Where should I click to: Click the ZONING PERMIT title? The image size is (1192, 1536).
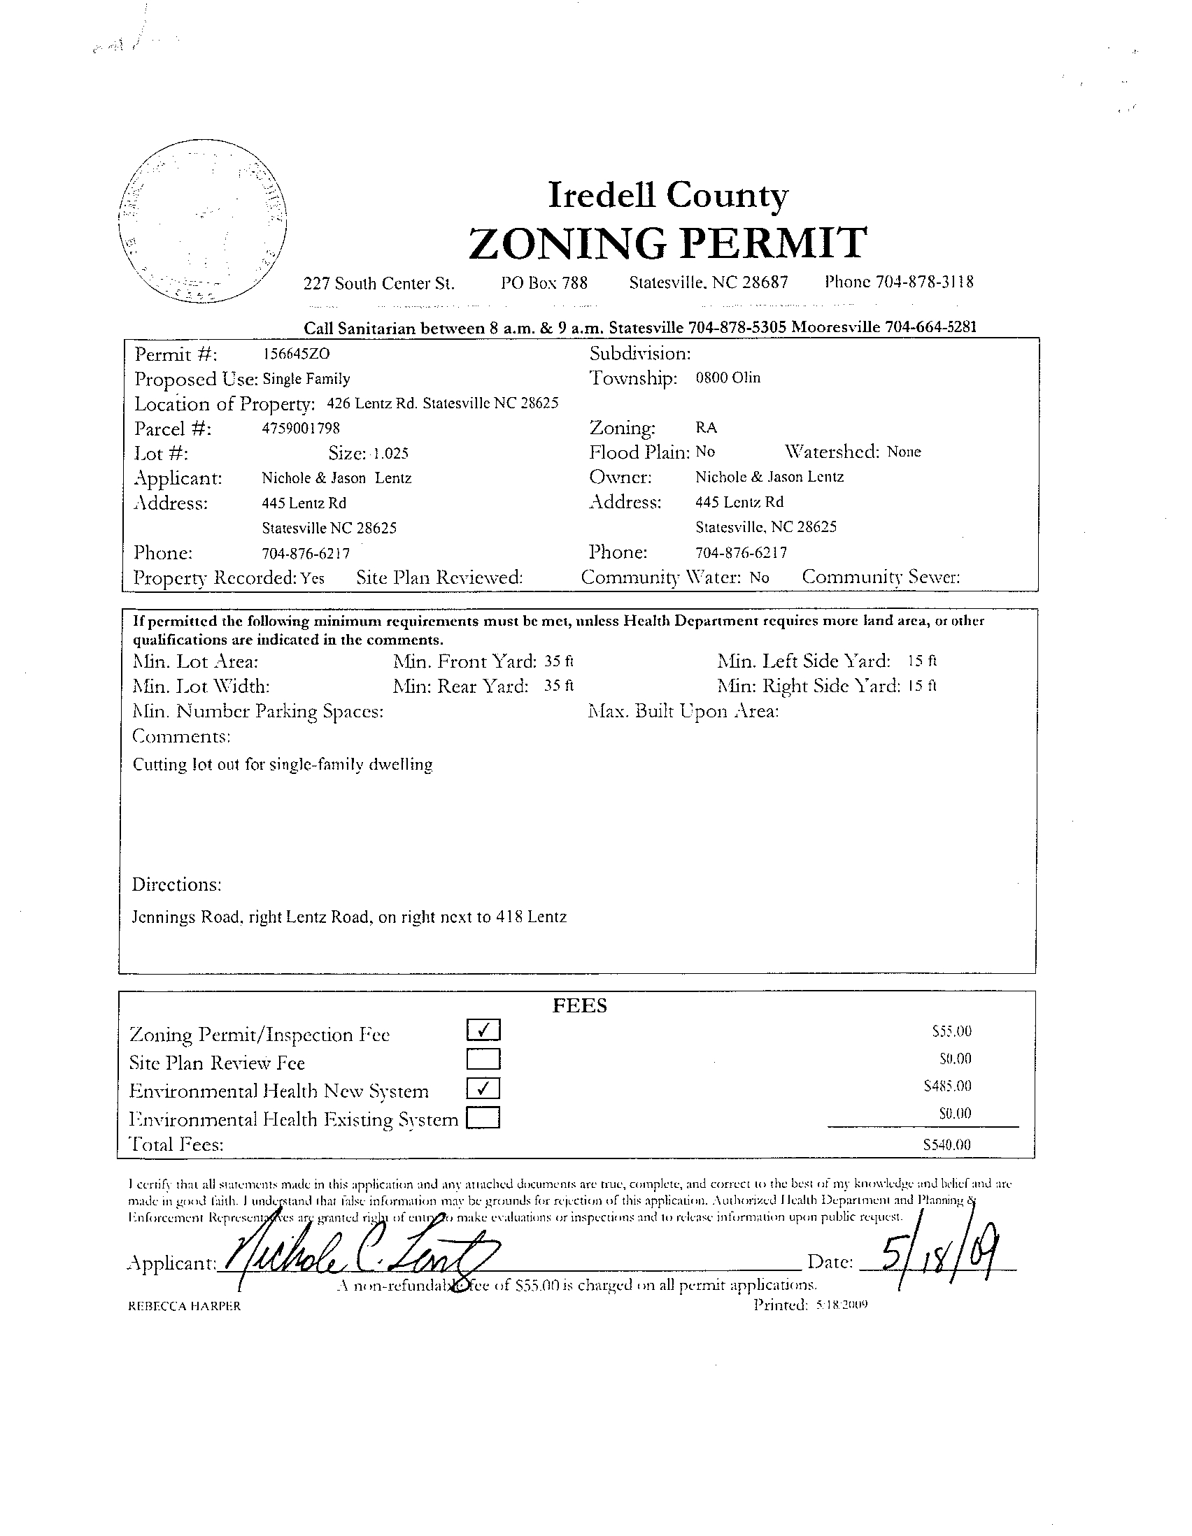pos(667,243)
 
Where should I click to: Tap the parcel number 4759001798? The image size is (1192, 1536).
pos(301,428)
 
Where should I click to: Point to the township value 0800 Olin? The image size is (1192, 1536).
pos(728,378)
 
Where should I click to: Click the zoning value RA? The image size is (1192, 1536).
pos(706,427)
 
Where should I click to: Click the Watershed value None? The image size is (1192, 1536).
pos(904,452)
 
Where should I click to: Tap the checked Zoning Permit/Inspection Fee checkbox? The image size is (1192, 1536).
pos(483,1031)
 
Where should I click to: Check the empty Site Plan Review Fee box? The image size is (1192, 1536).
pos(483,1059)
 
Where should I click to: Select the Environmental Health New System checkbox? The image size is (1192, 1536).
pos(483,1089)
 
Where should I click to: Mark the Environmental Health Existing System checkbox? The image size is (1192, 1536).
pos(483,1117)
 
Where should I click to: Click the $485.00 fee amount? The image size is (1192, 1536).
pos(947,1086)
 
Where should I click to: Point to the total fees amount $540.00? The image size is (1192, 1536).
pos(946,1144)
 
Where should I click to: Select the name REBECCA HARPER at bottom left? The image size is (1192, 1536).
pos(185,1306)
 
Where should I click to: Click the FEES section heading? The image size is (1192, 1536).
pos(579,1006)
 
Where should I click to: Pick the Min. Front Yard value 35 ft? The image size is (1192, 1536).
pos(560,661)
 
